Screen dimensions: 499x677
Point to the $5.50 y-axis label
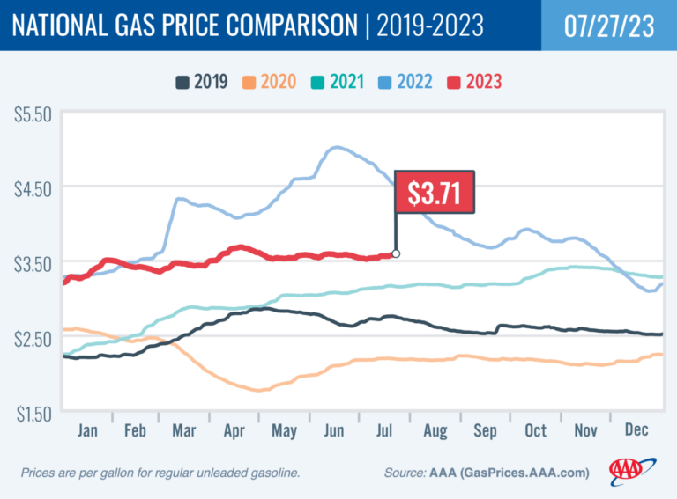click(33, 115)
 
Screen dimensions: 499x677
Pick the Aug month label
click(435, 430)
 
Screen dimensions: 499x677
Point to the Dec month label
click(636, 430)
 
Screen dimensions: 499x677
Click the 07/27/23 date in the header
click(601, 26)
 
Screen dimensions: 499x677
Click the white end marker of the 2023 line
click(396, 254)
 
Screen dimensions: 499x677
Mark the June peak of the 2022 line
click(337, 148)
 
